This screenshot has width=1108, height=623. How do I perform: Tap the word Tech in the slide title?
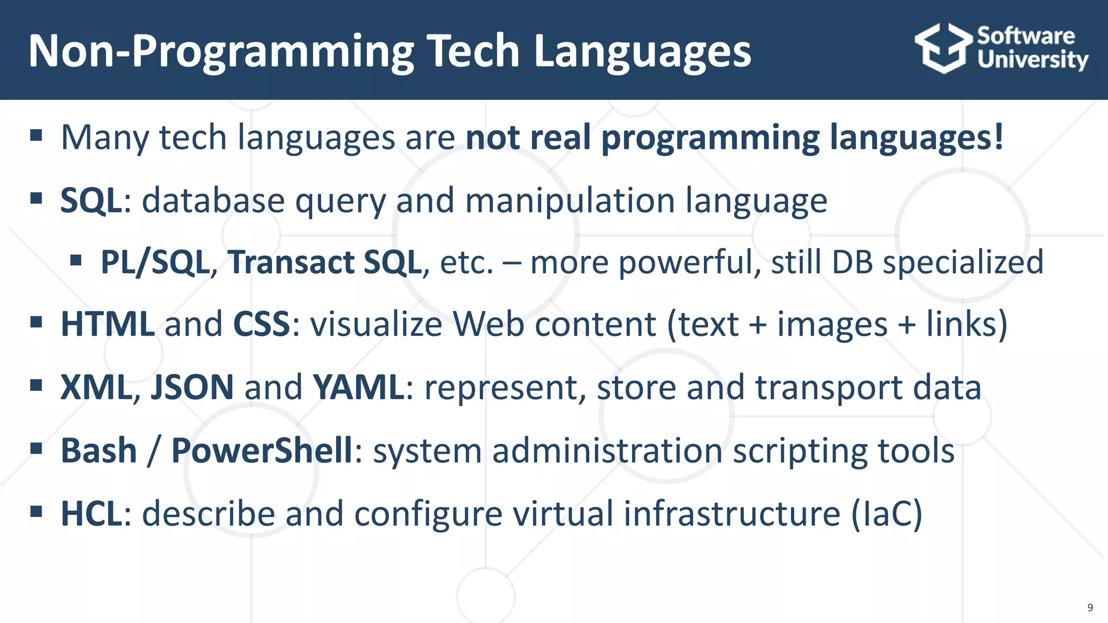pyautogui.click(x=474, y=51)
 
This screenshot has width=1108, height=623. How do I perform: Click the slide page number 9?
pyautogui.click(x=1090, y=607)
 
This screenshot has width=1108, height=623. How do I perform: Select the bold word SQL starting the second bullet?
pyautogui.click(x=91, y=201)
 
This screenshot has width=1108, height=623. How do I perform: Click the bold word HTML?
pyautogui.click(x=108, y=324)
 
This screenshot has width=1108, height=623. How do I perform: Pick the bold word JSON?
pyautogui.click(x=192, y=387)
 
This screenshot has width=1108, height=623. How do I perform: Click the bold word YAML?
pyautogui.click(x=358, y=387)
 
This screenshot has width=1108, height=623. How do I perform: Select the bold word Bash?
pyautogui.click(x=99, y=450)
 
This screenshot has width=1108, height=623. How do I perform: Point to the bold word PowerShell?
pyautogui.click(x=262, y=450)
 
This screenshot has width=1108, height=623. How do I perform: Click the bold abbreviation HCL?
pyautogui.click(x=91, y=513)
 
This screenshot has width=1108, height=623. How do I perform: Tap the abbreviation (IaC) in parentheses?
pyautogui.click(x=886, y=513)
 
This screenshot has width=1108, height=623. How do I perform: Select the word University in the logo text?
pyautogui.click(x=1032, y=59)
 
